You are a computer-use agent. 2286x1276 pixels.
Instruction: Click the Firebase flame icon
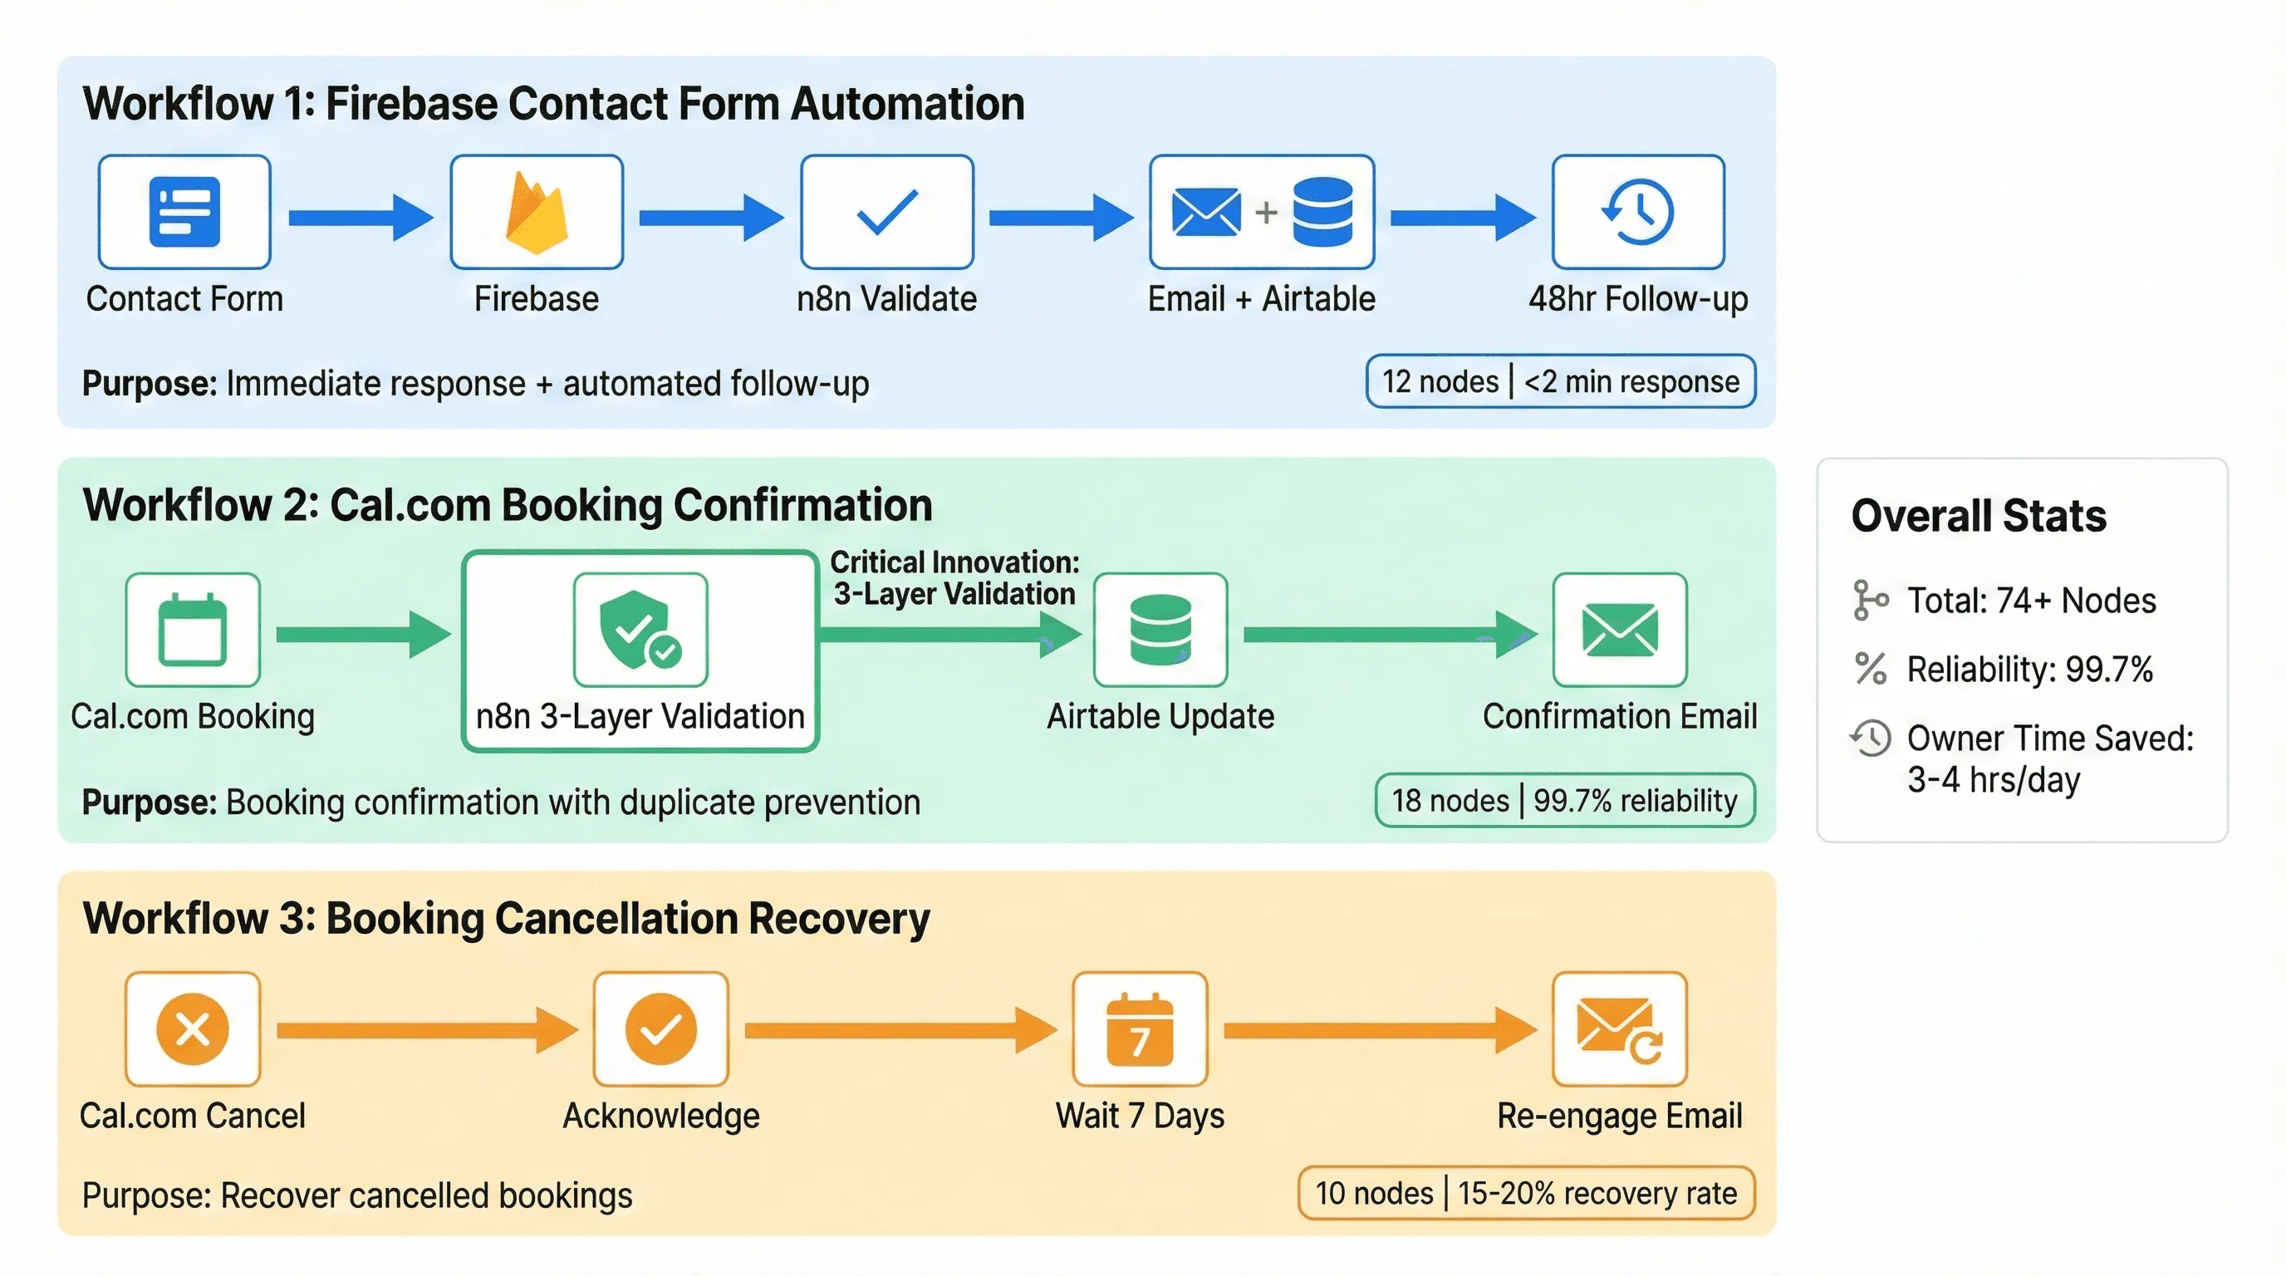click(536, 213)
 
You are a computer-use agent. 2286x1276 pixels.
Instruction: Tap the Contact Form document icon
click(184, 212)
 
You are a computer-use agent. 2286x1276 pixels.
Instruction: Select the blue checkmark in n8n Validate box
click(886, 212)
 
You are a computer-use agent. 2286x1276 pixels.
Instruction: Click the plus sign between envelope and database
click(1266, 212)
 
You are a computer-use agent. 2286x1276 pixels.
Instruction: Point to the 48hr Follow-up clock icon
click(1638, 212)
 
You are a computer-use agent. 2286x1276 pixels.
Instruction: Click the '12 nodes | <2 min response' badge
click(1560, 381)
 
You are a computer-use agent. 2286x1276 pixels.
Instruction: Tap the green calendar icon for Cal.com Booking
click(193, 629)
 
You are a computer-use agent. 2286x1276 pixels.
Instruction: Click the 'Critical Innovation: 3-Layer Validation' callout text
click(954, 577)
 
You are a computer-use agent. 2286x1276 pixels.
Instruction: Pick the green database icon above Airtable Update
click(1160, 629)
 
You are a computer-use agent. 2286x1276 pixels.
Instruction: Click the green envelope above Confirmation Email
click(1620, 629)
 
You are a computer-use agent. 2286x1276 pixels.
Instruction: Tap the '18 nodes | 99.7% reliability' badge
click(1564, 800)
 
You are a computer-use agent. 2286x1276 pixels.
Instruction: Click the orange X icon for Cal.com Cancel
click(193, 1029)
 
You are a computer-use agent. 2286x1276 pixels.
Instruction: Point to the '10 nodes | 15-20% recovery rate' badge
click(1525, 1194)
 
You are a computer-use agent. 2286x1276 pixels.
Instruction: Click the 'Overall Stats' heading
click(1978, 516)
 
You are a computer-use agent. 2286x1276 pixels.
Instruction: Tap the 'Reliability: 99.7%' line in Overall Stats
click(2029, 669)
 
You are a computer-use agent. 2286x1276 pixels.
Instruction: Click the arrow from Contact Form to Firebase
click(361, 218)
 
